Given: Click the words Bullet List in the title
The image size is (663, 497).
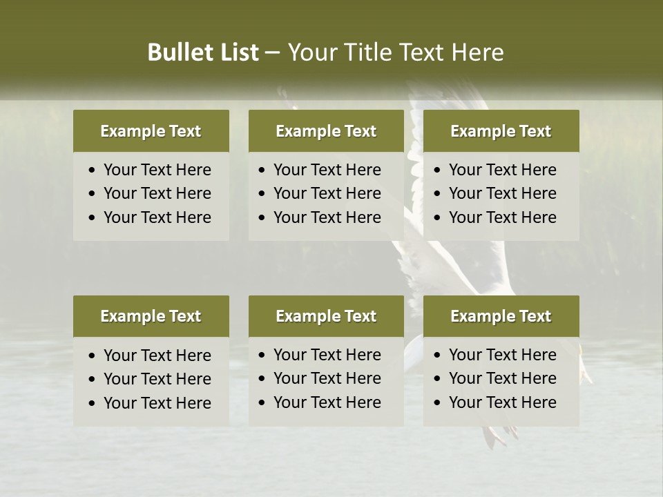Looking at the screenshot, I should coord(203,52).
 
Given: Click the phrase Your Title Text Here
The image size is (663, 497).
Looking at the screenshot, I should coord(395,52).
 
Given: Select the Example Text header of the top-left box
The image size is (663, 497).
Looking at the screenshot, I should coord(151,131).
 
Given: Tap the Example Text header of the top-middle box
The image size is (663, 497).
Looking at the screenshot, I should coord(326,131).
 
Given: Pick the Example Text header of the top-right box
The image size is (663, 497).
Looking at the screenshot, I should coord(501,131).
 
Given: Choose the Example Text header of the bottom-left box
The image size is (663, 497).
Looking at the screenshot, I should coord(151,316).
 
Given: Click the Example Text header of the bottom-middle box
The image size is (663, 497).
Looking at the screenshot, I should coord(326,316).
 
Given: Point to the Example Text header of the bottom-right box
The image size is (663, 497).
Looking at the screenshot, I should coord(501,316).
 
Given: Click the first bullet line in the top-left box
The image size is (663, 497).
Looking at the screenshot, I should coord(157,170).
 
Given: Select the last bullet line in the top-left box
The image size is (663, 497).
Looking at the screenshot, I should coord(157,217).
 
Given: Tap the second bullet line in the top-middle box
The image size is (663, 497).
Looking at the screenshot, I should coord(327,193).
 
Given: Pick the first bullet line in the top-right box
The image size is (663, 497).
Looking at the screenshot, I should coord(502,170).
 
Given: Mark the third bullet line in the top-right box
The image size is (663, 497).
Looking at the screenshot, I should coord(502,217).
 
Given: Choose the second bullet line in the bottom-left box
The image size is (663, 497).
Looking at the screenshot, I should coord(157,379).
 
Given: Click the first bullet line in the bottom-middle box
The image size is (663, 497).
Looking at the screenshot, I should coord(327,355).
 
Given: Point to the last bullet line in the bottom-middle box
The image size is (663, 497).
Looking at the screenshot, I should coord(327,402).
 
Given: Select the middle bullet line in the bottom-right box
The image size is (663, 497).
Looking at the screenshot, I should coord(502,378).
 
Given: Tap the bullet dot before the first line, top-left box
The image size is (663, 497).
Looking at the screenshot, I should coord(93,170).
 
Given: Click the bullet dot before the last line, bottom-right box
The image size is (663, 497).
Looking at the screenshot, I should coord(438,403).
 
